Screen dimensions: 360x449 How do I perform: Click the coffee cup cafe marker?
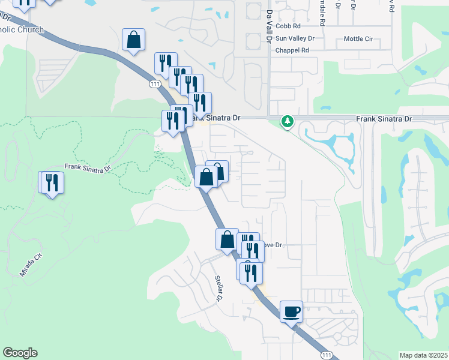tap(291, 311)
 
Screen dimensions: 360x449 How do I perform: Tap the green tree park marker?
tap(288, 122)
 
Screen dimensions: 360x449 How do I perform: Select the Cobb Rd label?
tap(288, 26)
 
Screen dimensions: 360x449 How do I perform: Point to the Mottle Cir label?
tap(358, 39)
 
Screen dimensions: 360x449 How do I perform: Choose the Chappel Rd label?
tap(292, 50)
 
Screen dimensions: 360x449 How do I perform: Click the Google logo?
tap(20, 353)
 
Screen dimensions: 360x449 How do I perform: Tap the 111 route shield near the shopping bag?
tap(155, 85)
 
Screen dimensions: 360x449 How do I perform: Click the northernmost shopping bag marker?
tap(134, 40)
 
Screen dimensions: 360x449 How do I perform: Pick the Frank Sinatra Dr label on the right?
tap(384, 119)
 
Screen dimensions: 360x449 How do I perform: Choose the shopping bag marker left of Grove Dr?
tap(227, 239)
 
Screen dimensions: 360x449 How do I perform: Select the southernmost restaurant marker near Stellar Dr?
tap(252, 272)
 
